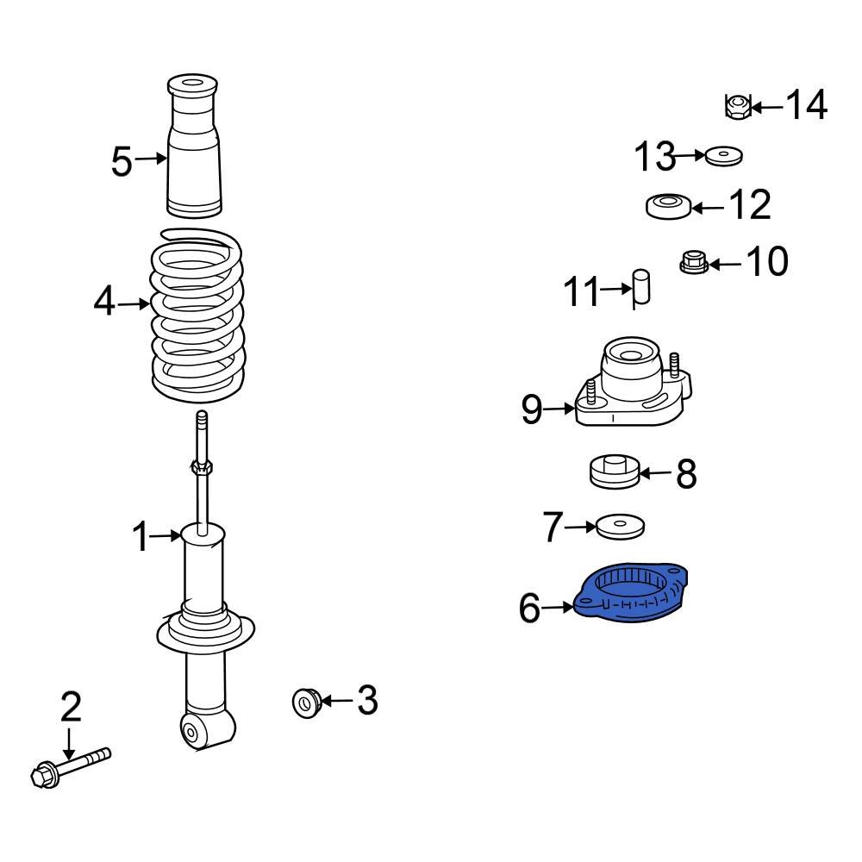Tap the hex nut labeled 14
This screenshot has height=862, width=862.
(x=735, y=107)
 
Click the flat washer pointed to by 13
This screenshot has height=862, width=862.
(x=724, y=157)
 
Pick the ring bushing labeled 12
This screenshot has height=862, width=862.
(x=668, y=207)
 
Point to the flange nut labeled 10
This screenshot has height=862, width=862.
(x=694, y=261)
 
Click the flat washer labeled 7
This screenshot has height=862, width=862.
(x=621, y=526)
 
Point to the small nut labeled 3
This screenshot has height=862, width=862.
(x=306, y=703)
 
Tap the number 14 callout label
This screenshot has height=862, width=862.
(x=806, y=106)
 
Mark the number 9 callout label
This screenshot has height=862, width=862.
(x=532, y=410)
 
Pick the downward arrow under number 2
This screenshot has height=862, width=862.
(x=69, y=742)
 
